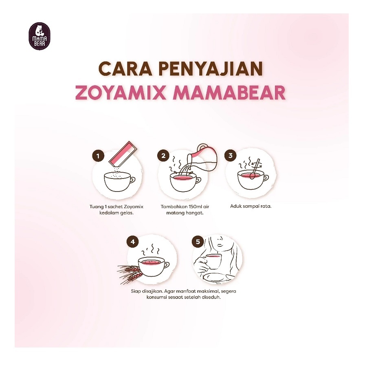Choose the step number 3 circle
pyautogui.click(x=230, y=156)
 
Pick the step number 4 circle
pyautogui.click(x=132, y=242)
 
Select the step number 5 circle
pyautogui.click(x=198, y=242)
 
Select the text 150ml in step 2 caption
pyautogui.click(x=194, y=206)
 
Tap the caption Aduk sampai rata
pyautogui.click(x=251, y=206)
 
